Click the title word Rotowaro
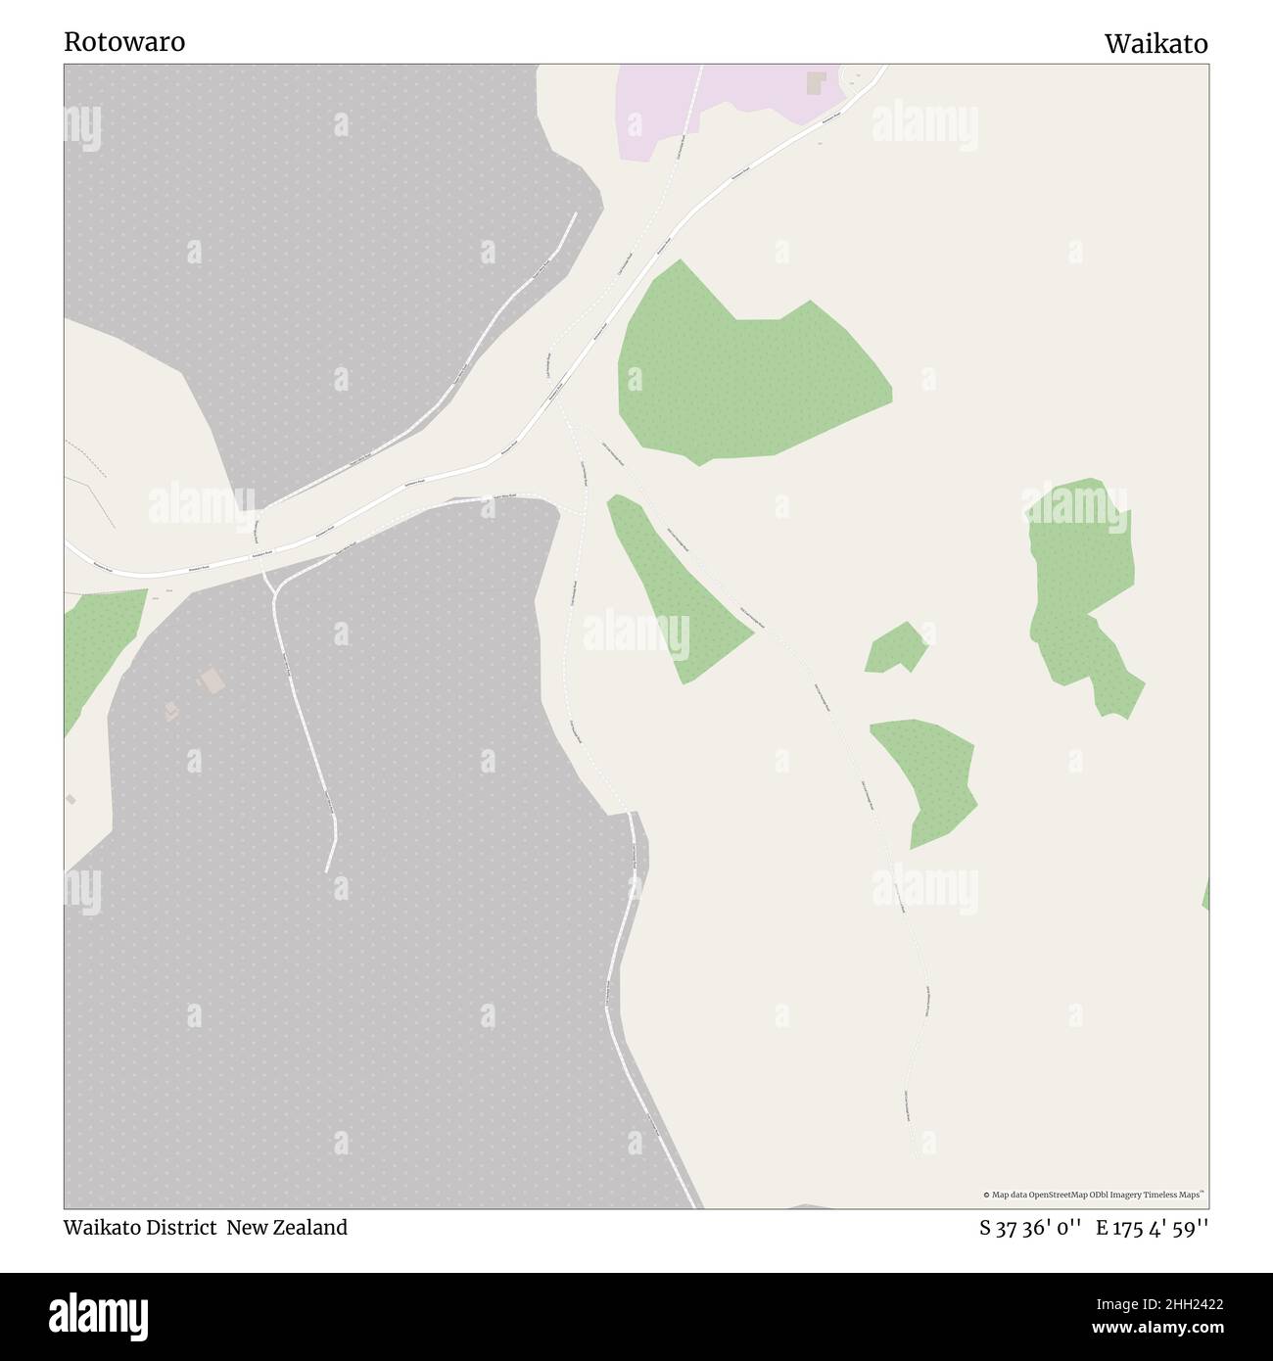point(124,42)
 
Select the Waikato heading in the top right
point(1155,44)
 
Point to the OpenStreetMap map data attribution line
point(1094,1195)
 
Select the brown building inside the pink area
point(815,82)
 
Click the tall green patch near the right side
point(1082,587)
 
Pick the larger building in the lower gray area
point(210,679)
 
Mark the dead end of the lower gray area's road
point(327,869)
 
